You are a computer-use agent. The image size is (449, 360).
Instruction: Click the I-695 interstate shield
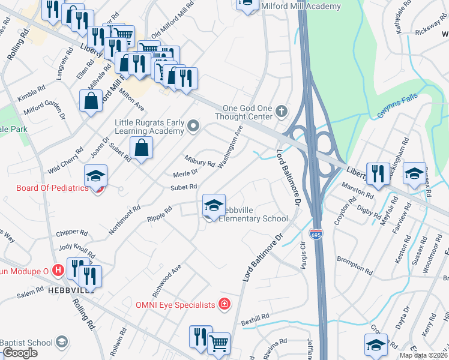pos(316,232)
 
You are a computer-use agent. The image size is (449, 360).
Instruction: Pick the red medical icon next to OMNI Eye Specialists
pos(224,304)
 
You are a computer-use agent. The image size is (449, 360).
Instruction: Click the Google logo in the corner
pos(20,353)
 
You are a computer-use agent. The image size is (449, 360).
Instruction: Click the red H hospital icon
pos(58,271)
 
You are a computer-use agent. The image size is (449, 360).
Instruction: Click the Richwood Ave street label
pos(168,280)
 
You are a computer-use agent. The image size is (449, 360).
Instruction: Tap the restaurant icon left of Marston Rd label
pos(376,174)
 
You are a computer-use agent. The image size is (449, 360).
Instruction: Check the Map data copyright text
pos(423,355)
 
